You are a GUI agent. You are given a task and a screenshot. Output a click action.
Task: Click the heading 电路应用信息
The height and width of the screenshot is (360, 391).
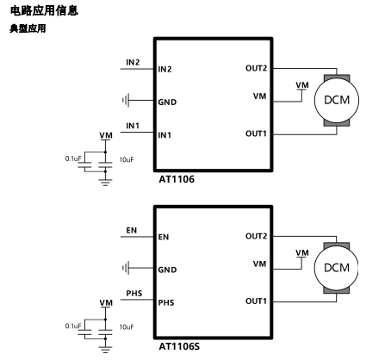pos(44,10)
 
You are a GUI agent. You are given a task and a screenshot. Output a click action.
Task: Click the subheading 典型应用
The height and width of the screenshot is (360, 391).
pos(28,28)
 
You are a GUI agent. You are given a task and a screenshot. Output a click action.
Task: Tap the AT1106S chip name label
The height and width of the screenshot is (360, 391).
pos(179,346)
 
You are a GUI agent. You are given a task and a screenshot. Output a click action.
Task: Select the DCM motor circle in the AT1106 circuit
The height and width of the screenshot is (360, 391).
pos(337,100)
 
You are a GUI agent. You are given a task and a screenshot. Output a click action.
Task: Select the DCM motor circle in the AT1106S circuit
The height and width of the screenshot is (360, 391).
pos(337,268)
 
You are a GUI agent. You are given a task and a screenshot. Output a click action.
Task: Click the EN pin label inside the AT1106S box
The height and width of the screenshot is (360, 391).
pos(164,237)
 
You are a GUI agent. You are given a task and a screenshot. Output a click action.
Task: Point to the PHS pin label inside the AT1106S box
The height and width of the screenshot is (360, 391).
pos(166,302)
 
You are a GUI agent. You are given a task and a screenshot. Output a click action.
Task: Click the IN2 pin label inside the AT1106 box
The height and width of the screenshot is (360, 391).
pos(164,69)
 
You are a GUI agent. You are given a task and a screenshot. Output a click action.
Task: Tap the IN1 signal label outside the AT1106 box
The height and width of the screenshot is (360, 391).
pos(133,126)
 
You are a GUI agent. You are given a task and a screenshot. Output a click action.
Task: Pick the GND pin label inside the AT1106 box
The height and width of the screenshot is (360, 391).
pos(167,102)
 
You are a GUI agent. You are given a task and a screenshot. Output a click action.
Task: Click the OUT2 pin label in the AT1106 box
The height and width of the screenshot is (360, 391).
pos(256,68)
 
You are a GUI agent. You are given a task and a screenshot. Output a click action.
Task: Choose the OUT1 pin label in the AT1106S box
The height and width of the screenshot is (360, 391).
pos(256,301)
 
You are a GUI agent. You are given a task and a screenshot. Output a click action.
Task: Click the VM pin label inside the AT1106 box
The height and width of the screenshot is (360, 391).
pos(259,96)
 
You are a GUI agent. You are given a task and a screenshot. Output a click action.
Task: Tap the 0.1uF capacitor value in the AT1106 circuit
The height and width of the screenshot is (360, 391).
pos(73,158)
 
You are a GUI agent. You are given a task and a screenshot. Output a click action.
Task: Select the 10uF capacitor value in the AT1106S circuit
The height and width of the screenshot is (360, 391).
pos(127,327)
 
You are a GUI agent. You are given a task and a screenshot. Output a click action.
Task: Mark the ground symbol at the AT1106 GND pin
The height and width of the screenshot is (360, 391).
pos(126,100)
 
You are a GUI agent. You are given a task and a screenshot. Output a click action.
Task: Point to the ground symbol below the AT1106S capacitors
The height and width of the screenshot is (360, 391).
pos(105,350)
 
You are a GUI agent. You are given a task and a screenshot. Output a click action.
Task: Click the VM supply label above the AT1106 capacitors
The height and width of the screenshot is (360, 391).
pos(106,135)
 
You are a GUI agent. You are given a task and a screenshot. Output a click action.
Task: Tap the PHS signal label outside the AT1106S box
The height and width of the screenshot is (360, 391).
pos(134,294)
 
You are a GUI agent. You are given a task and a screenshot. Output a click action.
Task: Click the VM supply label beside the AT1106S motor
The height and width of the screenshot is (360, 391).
pos(302,253)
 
